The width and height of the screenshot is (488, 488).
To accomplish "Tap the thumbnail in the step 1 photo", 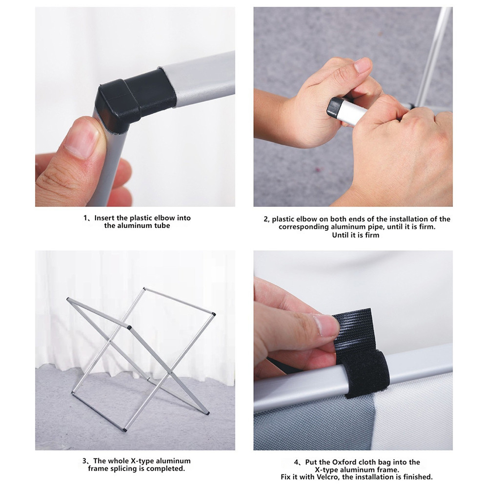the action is click(81, 138).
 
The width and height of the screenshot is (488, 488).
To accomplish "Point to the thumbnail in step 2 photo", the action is click(363, 65).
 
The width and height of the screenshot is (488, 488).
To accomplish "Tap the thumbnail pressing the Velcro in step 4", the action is click(326, 325).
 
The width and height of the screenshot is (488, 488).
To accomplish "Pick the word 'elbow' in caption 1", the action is click(165, 218).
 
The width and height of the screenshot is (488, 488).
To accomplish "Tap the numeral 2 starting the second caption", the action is click(266, 219).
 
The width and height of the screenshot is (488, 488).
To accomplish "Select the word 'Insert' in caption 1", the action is click(104, 218).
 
